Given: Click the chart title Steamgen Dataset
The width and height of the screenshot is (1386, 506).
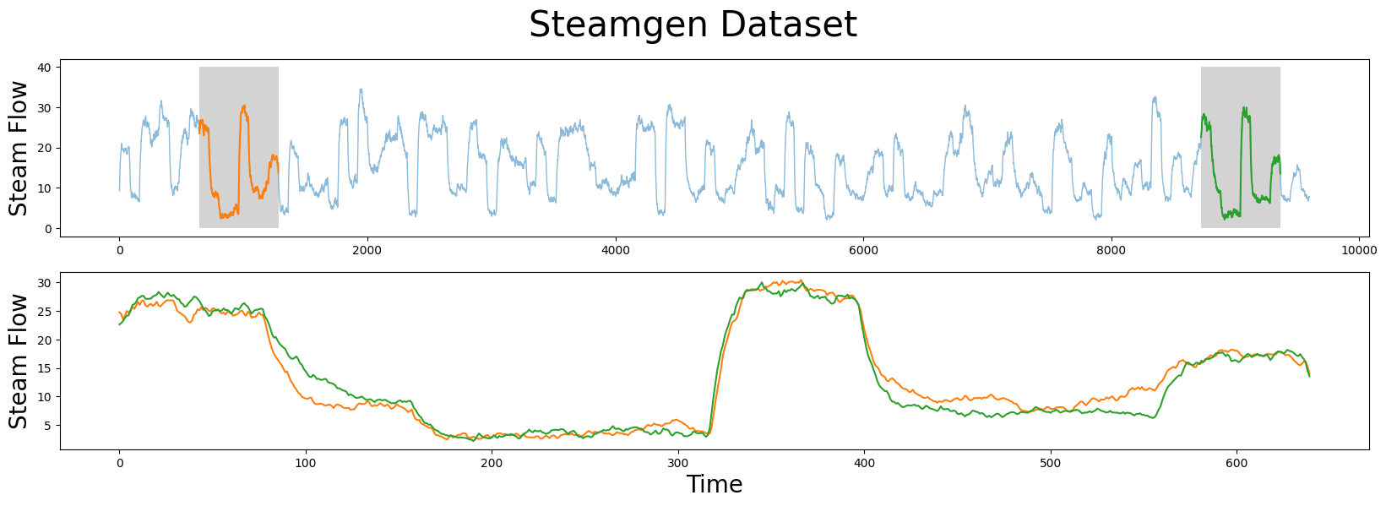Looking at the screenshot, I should (x=693, y=25).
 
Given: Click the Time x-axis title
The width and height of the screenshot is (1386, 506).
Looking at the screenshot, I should (x=714, y=485).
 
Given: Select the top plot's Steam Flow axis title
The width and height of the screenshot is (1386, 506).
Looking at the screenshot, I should (x=19, y=148).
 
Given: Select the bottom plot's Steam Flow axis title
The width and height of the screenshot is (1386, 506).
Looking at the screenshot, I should (x=19, y=361).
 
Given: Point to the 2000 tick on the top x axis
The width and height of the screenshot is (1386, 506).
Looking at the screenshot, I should (x=367, y=250).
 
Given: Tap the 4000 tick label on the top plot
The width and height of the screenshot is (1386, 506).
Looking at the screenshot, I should (x=615, y=250).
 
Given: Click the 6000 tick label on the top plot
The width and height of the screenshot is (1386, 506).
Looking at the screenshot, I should (x=863, y=250).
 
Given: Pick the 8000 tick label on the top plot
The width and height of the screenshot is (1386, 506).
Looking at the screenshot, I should (x=1111, y=250).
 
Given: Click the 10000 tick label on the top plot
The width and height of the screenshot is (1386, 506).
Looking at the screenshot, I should (x=1358, y=250).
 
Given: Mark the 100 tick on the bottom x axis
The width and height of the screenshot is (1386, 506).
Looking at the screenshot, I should (x=306, y=463).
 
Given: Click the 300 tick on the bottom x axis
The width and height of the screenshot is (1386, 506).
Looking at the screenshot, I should (x=677, y=463).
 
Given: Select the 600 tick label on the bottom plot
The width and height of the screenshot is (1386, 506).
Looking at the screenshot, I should (x=1236, y=463).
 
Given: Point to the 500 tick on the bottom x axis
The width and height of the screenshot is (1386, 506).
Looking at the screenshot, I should (x=1050, y=463).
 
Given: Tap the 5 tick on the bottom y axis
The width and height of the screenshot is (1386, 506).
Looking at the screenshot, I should (x=48, y=425).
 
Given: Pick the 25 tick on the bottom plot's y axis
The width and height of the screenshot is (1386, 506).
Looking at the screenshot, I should (x=45, y=312).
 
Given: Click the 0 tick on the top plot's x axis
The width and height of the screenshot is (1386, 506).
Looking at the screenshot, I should (x=119, y=250).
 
